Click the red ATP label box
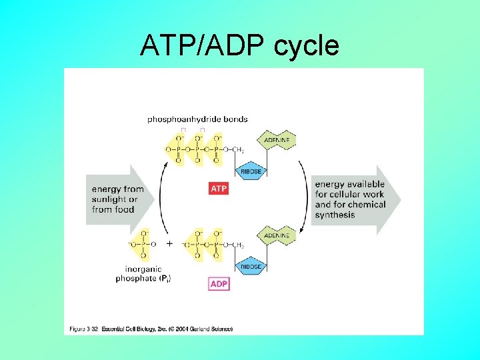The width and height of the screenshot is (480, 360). [219, 189]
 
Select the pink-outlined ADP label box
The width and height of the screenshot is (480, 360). [219, 284]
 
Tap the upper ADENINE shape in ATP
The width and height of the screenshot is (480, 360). [277, 140]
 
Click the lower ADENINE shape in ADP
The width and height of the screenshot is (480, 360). [277, 235]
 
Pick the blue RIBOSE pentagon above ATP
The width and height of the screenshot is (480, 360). [252, 170]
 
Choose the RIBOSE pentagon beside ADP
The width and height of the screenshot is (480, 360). [252, 266]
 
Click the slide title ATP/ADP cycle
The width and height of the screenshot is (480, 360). [239, 46]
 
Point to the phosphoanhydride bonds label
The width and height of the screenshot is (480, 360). [197, 119]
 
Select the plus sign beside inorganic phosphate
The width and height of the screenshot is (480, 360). [169, 244]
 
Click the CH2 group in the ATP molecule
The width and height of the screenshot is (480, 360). [238, 150]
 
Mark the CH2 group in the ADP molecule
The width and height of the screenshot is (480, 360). [238, 245]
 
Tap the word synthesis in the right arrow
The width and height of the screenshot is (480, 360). [335, 215]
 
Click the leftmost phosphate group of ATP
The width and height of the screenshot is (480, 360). [178, 149]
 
